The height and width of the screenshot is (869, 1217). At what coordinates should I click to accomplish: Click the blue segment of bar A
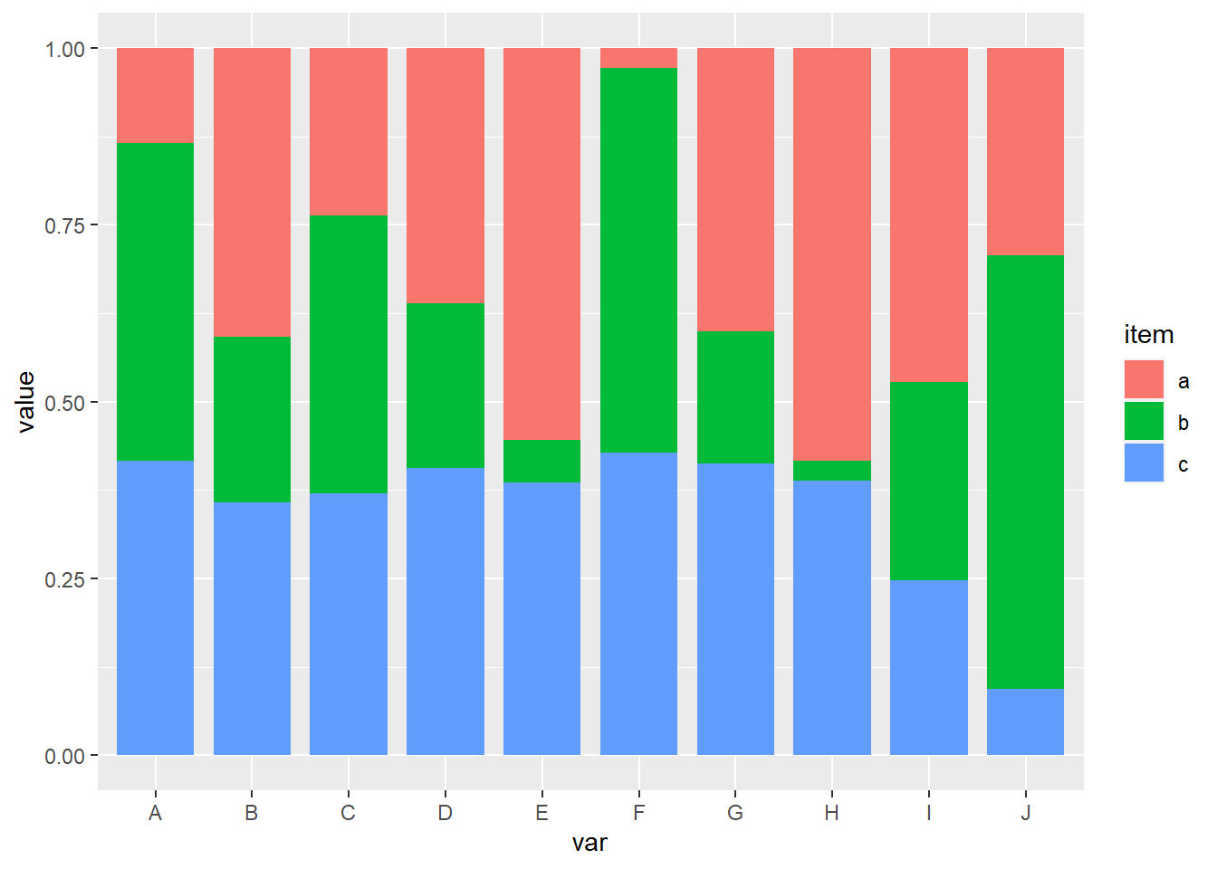point(155,607)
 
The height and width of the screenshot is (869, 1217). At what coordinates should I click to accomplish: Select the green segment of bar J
point(1025,472)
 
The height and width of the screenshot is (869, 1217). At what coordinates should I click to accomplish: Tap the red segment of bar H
point(831,254)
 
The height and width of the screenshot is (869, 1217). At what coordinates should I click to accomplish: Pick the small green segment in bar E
point(541,461)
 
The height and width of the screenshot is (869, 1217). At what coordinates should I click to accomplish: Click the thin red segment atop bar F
point(638,58)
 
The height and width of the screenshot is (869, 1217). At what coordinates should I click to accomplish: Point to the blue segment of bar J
point(1025,721)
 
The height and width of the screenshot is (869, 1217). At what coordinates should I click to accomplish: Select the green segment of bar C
point(349,354)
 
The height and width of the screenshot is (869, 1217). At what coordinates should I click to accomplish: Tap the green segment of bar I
point(928,481)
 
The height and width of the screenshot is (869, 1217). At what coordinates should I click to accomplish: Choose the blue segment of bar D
point(446,611)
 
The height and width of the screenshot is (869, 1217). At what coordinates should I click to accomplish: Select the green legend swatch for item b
point(1144,422)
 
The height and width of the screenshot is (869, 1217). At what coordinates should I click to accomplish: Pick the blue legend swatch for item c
point(1144,463)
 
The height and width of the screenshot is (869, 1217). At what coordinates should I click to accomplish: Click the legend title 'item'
point(1148,335)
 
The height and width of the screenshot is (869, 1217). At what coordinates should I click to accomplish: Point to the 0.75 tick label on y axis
point(64,225)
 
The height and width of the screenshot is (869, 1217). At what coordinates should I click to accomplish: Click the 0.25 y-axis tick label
point(64,579)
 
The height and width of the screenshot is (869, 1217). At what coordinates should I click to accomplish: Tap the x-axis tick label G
point(735,813)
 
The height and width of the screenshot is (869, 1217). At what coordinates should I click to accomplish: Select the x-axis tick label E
point(541,813)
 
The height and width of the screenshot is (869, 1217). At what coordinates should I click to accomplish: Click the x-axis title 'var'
point(589,844)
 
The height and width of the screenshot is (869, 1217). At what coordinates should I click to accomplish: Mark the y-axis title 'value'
point(25,402)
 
